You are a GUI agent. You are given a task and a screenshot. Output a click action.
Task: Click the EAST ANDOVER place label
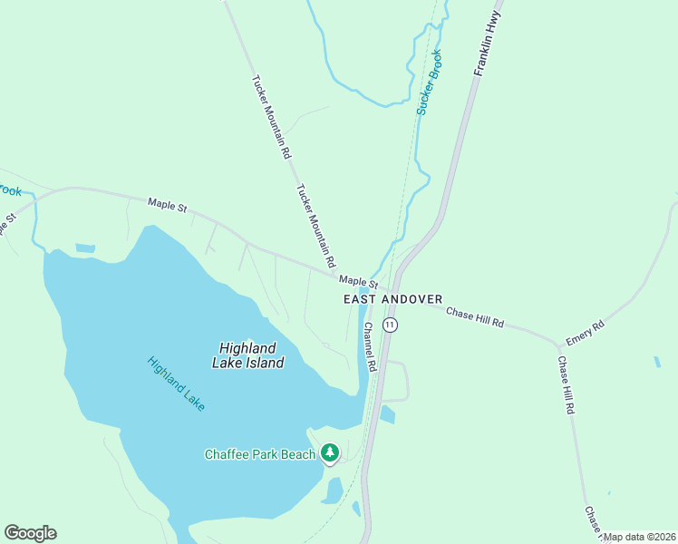pyautogui.click(x=392, y=299)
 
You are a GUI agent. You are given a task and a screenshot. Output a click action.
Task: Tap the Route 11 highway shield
pyautogui.click(x=390, y=324)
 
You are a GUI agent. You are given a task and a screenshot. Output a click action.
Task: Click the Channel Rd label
pyautogui.click(x=370, y=346)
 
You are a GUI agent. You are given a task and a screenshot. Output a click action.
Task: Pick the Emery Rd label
pyautogui.click(x=585, y=333)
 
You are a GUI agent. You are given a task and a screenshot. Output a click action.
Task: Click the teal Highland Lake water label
pyautogui.click(x=176, y=383)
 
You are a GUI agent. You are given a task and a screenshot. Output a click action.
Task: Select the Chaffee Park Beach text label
pyautogui.click(x=259, y=454)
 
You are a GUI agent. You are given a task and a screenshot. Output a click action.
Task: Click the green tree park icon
pyautogui.click(x=330, y=452)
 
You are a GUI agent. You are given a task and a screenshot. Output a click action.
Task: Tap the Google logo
pyautogui.click(x=30, y=533)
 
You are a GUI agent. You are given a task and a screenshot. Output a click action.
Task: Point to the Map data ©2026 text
pyautogui.click(x=640, y=537)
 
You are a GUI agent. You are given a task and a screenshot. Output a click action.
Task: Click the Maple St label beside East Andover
pyautogui.click(x=359, y=284)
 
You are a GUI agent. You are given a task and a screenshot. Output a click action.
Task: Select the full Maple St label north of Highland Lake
pyautogui.click(x=168, y=205)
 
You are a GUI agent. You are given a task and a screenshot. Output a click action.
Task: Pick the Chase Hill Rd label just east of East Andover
pyautogui.click(x=474, y=317)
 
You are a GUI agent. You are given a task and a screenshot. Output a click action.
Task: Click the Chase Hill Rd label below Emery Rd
pyautogui.click(x=567, y=385)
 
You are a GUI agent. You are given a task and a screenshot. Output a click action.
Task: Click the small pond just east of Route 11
pyautogui.click(x=388, y=415)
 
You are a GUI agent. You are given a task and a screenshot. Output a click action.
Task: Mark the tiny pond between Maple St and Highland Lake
pyautogui.click(x=85, y=248)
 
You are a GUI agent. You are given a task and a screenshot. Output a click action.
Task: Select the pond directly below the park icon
pyautogui.click(x=333, y=491)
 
